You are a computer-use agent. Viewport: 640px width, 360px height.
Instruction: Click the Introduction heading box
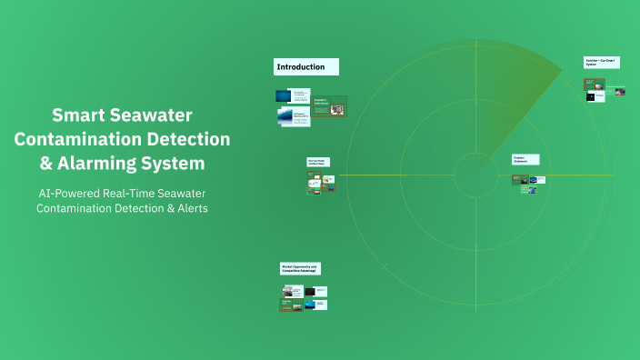pyautogui.click(x=306, y=66)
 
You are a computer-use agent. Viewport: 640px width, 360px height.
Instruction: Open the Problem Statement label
pyautogui.click(x=525, y=159)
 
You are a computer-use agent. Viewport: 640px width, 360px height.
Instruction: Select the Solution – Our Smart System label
pyautogui.click(x=601, y=63)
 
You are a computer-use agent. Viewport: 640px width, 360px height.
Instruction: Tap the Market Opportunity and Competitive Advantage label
pyautogui.click(x=300, y=268)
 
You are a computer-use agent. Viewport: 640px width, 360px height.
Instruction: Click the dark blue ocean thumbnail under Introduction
pyautogui.click(x=284, y=95)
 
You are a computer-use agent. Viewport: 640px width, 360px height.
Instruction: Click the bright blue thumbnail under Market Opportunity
pyautogui.click(x=309, y=305)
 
